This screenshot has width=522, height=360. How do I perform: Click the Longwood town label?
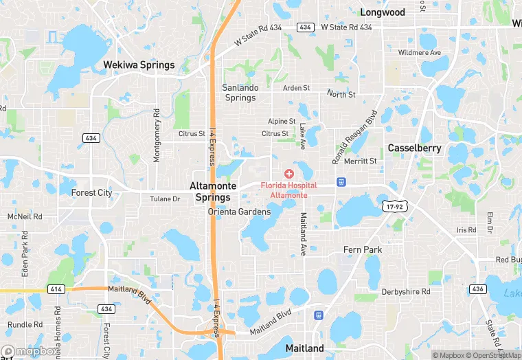click(383, 12)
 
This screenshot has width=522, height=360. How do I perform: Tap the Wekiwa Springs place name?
click(139, 65)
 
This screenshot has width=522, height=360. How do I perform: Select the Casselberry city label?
click(414, 148)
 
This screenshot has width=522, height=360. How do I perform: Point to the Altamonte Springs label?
click(213, 192)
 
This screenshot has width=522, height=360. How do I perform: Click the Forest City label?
click(91, 193)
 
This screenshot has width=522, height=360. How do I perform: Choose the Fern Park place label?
click(363, 249)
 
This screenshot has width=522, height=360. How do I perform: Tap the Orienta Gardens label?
click(239, 212)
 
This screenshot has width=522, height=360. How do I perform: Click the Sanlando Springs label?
click(239, 93)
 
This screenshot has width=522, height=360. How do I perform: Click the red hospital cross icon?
click(288, 174)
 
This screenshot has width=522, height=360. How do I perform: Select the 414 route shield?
click(56, 289)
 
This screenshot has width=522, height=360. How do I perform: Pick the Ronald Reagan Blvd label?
click(355, 137)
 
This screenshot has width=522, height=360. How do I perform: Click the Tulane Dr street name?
click(165, 199)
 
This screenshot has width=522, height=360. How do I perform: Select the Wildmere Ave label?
click(419, 52)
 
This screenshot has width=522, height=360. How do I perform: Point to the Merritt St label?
click(361, 161)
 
